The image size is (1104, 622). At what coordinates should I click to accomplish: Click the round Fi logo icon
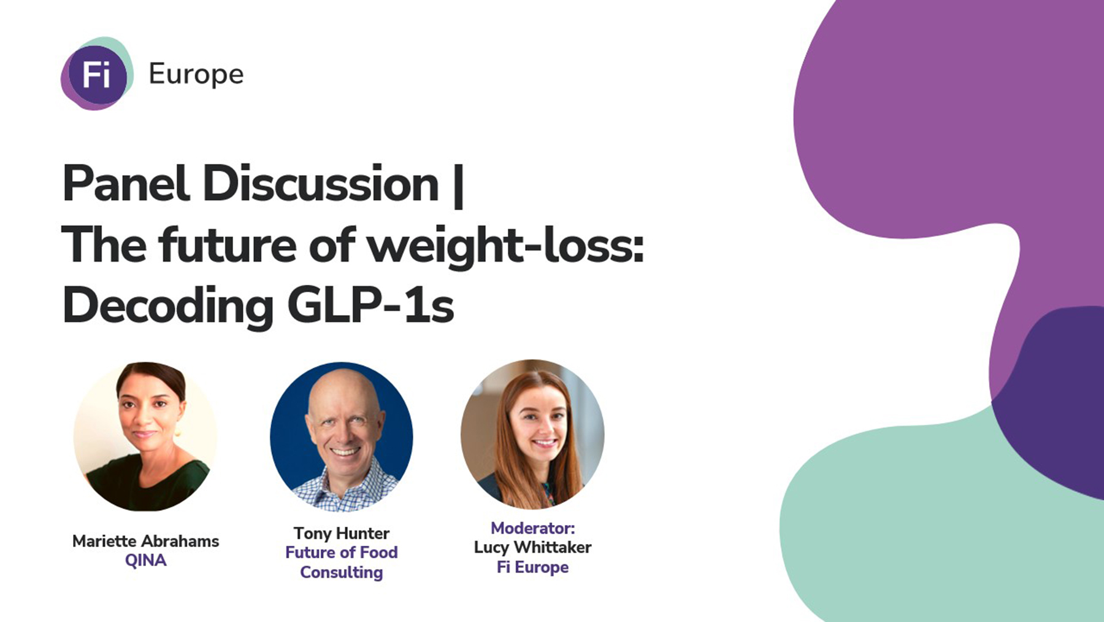97,74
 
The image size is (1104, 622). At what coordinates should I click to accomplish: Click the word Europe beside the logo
196,74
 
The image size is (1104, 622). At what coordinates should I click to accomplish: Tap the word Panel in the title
125,184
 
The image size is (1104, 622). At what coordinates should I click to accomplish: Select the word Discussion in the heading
320,184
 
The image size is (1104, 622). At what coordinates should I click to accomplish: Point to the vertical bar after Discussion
458,185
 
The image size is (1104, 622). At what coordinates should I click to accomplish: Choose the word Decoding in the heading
167,306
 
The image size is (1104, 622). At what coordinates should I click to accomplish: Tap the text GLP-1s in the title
370,306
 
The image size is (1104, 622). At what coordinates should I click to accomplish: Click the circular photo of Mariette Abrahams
145,436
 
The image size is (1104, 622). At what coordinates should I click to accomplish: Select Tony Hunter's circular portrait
342,437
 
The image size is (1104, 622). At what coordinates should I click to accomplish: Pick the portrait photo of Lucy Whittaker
532,434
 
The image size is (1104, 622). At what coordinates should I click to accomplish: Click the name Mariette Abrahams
145,541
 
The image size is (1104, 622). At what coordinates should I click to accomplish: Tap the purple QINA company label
145,561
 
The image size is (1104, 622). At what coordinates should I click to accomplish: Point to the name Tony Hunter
341,533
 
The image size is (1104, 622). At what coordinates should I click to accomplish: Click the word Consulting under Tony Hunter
341,572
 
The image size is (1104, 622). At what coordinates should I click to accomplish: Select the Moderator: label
532,528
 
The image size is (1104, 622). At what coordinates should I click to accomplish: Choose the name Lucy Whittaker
532,547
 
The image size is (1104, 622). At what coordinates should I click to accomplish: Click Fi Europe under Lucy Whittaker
532,567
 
